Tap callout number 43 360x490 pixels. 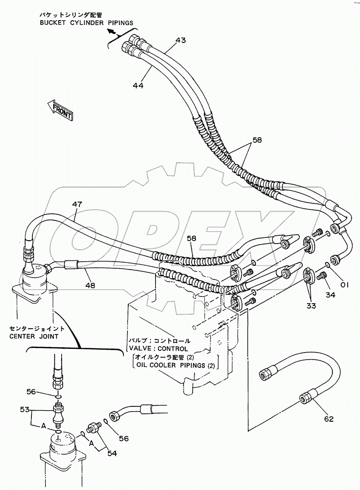click(x=180, y=40)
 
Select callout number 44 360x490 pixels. click(x=139, y=85)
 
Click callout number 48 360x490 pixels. click(x=91, y=284)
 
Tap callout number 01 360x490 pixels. click(x=344, y=284)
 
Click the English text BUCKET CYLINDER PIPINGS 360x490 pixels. click(x=86, y=23)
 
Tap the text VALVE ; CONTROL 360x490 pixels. click(x=158, y=349)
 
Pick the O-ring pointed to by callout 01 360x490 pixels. click(x=327, y=264)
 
